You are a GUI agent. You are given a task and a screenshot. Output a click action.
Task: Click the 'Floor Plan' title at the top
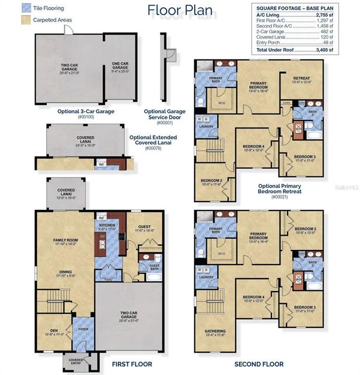(x=179, y=10)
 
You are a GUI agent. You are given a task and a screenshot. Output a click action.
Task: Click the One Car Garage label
(x=120, y=66)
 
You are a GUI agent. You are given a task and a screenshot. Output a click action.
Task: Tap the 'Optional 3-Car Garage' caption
(x=85, y=111)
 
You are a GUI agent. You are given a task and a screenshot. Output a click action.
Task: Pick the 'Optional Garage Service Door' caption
(x=164, y=114)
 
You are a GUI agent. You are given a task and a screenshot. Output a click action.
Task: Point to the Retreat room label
(x=301, y=79)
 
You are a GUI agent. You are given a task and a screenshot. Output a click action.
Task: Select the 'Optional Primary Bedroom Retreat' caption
(x=279, y=191)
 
